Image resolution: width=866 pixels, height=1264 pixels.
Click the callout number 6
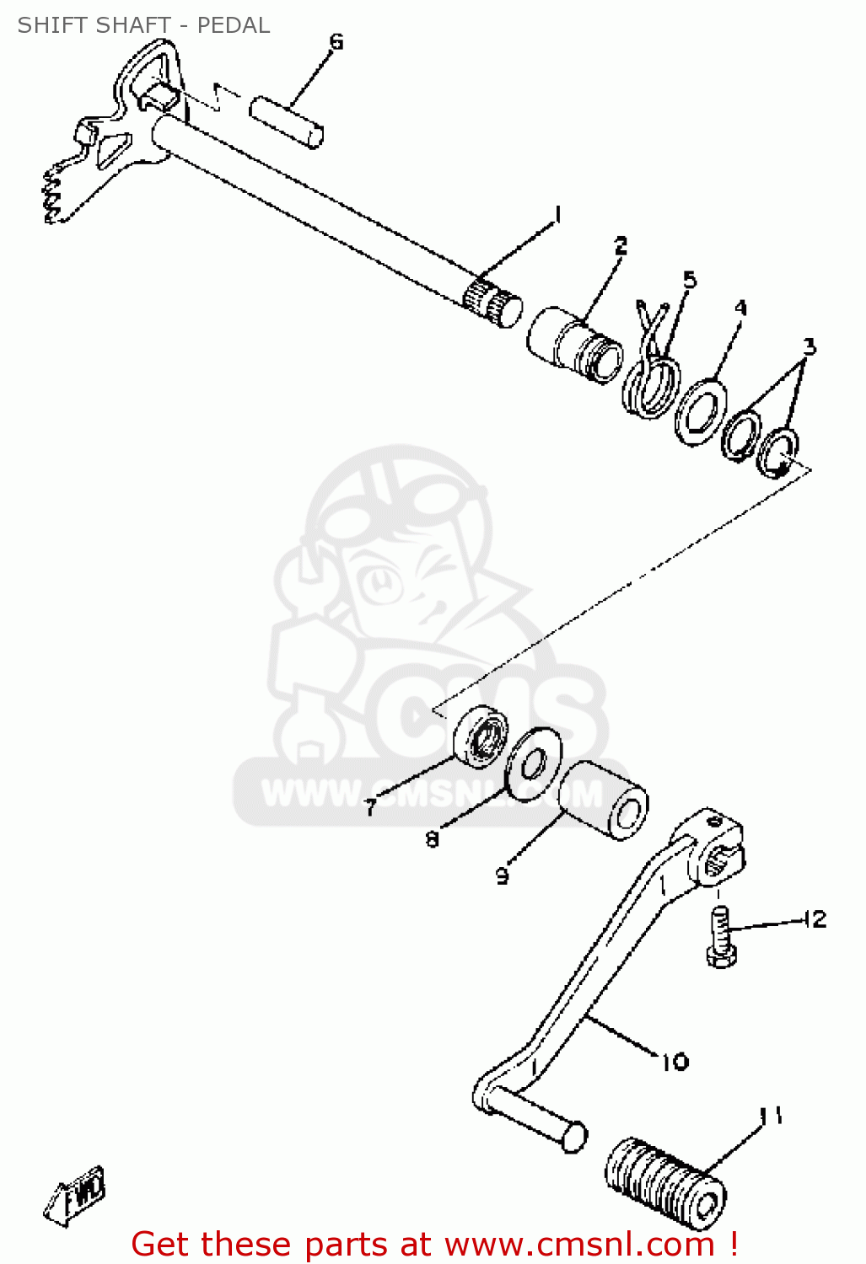point(336,42)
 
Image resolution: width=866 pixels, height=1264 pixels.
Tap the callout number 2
point(621,245)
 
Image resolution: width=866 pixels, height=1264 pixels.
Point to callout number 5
point(690,280)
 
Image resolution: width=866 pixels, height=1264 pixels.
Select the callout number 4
point(740,308)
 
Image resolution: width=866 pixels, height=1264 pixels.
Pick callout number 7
point(370,807)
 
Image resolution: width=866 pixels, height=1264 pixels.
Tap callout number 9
point(502,876)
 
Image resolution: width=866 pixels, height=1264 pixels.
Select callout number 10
point(675,1062)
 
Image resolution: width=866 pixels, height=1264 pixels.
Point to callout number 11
point(772,1115)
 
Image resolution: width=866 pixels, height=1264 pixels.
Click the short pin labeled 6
point(286,122)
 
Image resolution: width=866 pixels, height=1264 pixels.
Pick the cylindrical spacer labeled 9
point(603,801)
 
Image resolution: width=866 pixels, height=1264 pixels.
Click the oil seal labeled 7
point(481,736)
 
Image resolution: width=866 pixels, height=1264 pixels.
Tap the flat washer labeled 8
point(534,764)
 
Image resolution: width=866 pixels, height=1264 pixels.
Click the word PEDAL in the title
point(233,25)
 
